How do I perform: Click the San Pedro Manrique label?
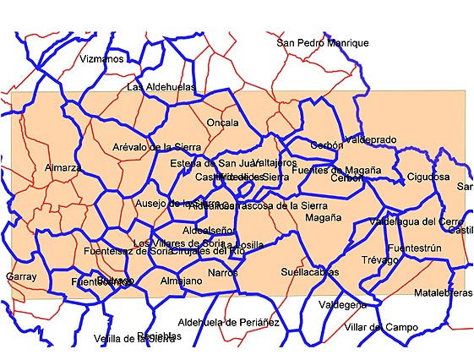(323, 43)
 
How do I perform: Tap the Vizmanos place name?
(101, 59)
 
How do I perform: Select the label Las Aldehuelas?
(161, 87)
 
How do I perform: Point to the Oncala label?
(222, 123)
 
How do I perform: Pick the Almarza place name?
(63, 167)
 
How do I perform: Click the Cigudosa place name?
(428, 177)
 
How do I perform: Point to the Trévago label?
(379, 260)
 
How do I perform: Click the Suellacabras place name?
(310, 272)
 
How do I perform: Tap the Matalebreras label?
(444, 292)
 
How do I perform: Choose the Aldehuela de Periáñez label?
(228, 323)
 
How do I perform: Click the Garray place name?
(21, 276)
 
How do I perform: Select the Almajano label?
(181, 281)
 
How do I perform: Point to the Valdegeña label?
(342, 304)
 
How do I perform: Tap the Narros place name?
(223, 273)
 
